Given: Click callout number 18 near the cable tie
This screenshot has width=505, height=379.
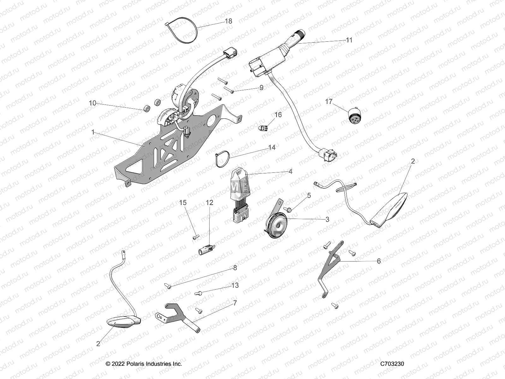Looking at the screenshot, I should [x=228, y=21].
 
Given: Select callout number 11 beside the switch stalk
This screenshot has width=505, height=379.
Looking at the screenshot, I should [x=349, y=40].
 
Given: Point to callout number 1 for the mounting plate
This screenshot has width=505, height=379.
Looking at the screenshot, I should [x=93, y=132].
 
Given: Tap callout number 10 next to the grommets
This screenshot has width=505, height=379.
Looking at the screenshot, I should [x=92, y=103].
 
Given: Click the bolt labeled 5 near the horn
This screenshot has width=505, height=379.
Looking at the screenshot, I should [x=288, y=209].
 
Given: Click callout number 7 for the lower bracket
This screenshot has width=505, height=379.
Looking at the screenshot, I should [x=235, y=303].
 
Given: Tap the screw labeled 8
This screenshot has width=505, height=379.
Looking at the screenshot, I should [x=168, y=286].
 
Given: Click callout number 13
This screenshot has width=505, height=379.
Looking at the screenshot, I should [x=235, y=286].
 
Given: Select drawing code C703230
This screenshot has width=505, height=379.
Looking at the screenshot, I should [x=392, y=364].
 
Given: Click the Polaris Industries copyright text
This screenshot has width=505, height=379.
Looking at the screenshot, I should [x=144, y=364].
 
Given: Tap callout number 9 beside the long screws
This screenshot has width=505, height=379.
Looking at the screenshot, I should [x=261, y=88].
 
